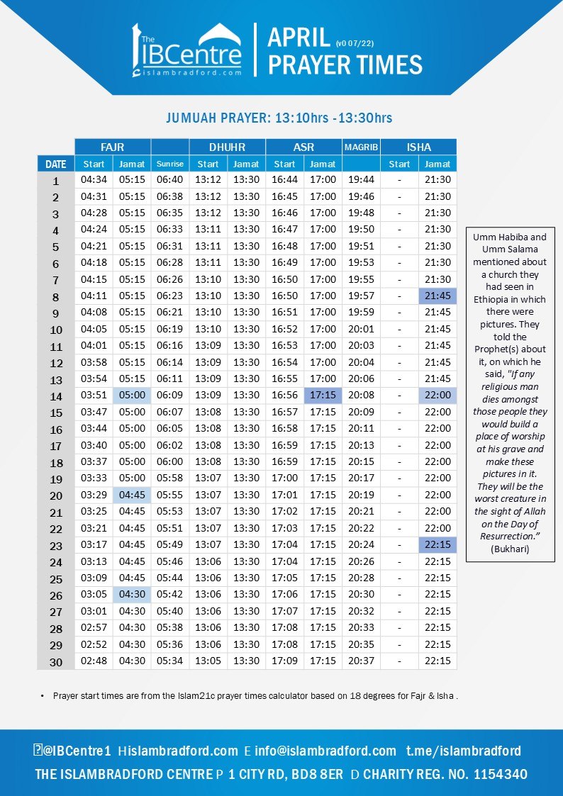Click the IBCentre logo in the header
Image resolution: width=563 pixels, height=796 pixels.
tap(186, 50)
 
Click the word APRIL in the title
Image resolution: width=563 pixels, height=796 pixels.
tap(299, 38)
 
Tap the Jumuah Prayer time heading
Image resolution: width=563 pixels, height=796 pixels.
tap(279, 117)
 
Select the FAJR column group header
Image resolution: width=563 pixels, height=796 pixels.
tap(113, 147)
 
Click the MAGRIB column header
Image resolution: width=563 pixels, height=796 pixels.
tap(361, 147)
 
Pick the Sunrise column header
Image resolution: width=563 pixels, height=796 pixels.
tap(170, 164)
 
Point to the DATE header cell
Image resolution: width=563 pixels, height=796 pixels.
tap(56, 164)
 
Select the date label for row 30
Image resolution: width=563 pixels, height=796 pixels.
tap(56, 662)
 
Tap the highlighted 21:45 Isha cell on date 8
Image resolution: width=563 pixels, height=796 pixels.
tap(437, 296)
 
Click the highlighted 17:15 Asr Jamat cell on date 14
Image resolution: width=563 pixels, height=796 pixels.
tap(323, 396)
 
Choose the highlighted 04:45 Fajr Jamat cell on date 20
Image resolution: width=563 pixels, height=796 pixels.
tap(132, 495)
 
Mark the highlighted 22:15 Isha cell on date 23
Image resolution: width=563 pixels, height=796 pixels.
tap(437, 544)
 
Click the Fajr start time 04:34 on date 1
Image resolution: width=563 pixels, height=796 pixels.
tap(94, 180)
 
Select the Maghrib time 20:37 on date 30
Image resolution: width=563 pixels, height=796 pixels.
tap(361, 661)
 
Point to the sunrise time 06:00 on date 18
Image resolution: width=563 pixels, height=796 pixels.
tap(170, 461)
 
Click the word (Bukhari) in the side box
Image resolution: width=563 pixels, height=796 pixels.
tap(510, 549)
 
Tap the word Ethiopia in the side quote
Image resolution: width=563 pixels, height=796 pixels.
tap(510, 299)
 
